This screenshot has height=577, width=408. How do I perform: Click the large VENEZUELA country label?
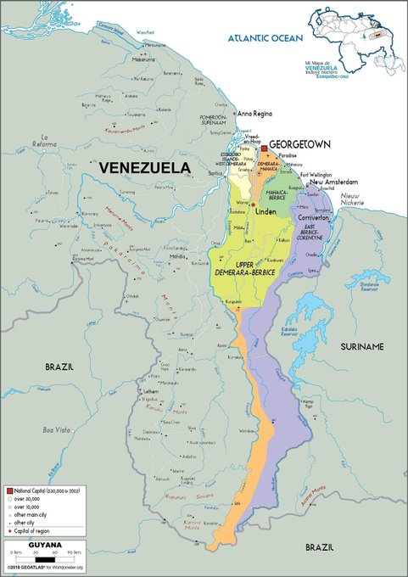coord(145,168)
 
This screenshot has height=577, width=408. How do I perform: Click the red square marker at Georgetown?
coord(264,148)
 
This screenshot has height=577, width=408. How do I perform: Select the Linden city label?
coord(265,211)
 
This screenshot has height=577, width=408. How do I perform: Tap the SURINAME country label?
coord(362,346)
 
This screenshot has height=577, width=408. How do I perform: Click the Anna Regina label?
coord(254,113)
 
